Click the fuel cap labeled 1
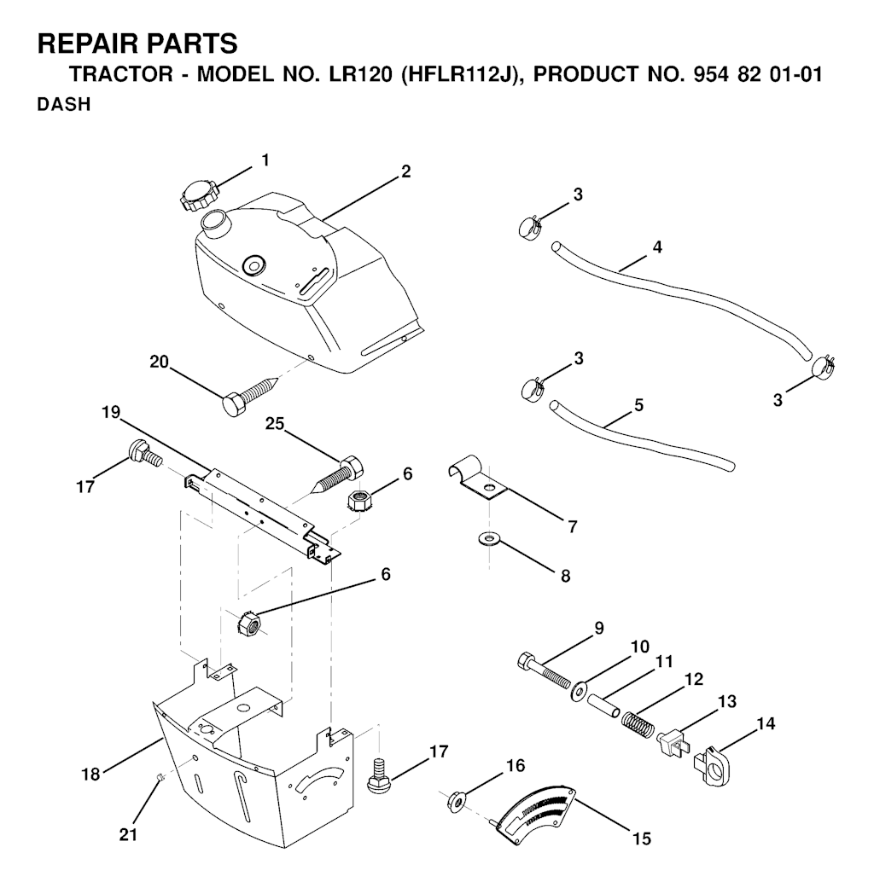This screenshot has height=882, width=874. (x=197, y=194)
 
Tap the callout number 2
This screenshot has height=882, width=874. (x=405, y=171)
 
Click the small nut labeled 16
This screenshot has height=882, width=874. (x=455, y=801)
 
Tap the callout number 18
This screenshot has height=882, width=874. (x=90, y=774)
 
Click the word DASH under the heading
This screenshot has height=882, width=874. (x=64, y=105)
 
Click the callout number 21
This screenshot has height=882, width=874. (x=128, y=835)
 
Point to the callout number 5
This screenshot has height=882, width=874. (x=638, y=405)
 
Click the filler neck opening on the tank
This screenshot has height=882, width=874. (x=214, y=218)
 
